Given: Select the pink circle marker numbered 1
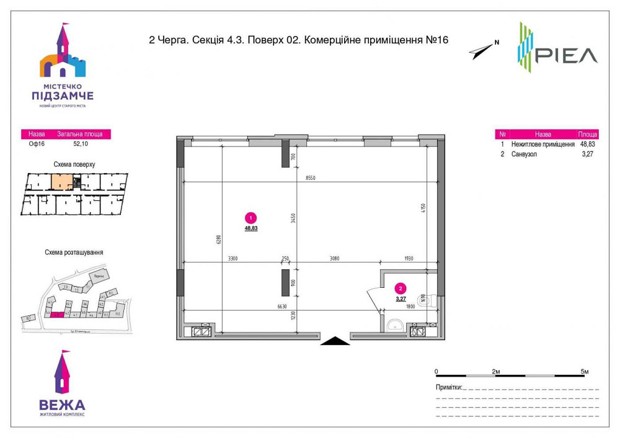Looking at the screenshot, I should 250,218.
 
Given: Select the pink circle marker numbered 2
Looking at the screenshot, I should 401,288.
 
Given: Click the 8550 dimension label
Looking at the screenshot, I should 310,178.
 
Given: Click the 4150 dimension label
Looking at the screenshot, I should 423,208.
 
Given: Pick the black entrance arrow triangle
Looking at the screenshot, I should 335,339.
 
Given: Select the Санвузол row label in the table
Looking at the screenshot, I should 525,154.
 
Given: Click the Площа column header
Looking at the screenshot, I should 587,133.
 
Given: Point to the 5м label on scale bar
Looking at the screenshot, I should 584,371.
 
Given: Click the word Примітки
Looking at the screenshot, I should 448,387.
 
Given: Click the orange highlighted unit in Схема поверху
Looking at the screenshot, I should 60,182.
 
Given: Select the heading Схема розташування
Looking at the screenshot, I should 74,253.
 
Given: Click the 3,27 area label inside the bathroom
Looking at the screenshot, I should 401,298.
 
